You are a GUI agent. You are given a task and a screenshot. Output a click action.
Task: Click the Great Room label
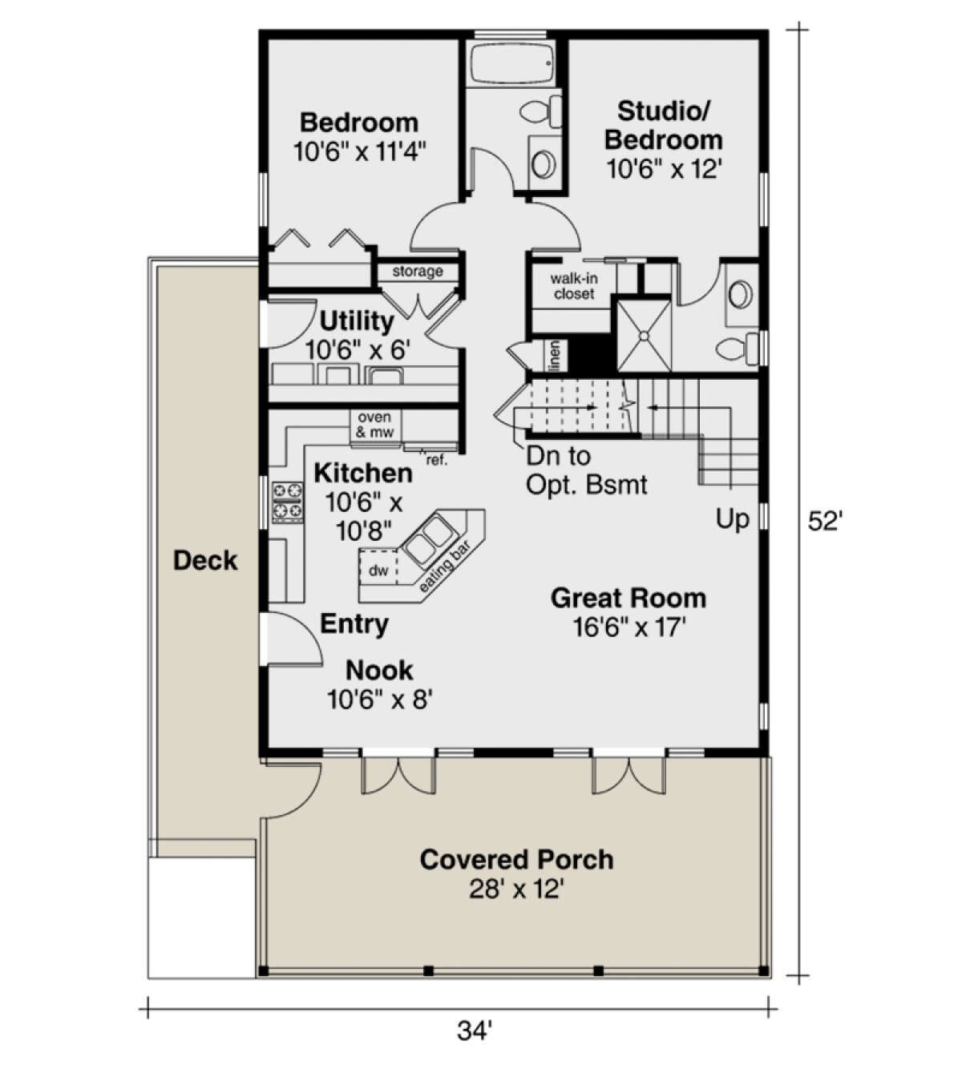pyautogui.click(x=628, y=598)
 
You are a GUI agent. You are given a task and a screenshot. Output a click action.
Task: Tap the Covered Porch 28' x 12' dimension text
pyautogui.click(x=517, y=890)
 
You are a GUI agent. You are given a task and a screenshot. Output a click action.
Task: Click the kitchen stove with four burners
pyautogui.click(x=288, y=501)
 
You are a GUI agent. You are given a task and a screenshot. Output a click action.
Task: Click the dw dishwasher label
pyautogui.click(x=378, y=571)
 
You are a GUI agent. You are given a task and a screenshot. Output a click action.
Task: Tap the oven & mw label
pyautogui.click(x=374, y=425)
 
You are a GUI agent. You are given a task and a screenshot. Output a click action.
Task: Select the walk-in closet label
pyautogui.click(x=574, y=286)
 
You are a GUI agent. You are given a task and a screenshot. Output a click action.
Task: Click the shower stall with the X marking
pyautogui.click(x=643, y=335)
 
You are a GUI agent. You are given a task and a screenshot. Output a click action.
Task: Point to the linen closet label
pyautogui.click(x=554, y=356)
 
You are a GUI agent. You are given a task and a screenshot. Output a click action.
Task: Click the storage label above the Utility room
pyautogui.click(x=417, y=272)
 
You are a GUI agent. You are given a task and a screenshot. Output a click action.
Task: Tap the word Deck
pyautogui.click(x=205, y=560)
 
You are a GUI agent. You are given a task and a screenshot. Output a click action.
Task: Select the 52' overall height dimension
pyautogui.click(x=825, y=522)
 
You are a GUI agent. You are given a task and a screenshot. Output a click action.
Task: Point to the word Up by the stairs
pyautogui.click(x=732, y=519)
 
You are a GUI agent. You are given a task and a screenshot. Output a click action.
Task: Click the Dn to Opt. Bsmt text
pyautogui.click(x=586, y=470)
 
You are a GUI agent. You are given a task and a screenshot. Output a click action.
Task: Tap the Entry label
pyautogui.click(x=354, y=623)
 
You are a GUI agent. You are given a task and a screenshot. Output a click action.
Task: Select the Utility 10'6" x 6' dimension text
pyautogui.click(x=358, y=349)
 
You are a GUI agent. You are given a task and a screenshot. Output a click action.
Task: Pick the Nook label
pyautogui.click(x=379, y=670)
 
